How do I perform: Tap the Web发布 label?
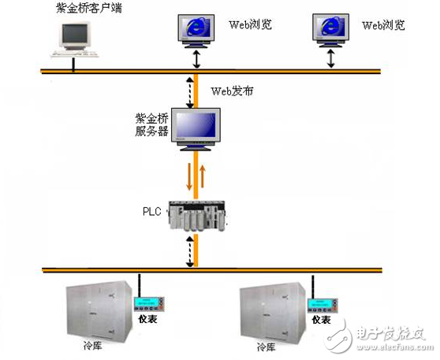[229, 91]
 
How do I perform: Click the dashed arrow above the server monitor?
[189, 90]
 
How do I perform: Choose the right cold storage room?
[270, 312]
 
